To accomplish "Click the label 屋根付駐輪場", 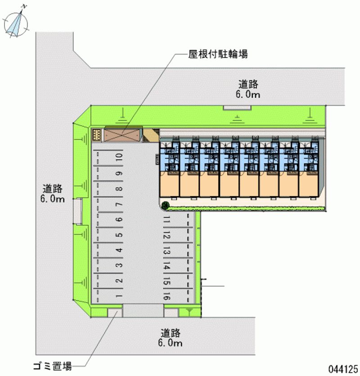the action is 218,54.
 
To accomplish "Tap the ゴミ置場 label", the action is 53,366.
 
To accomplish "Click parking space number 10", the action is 119,157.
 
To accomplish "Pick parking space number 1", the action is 119,296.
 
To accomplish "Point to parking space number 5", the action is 119,235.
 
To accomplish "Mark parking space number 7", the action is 119,204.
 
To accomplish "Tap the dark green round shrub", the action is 166,205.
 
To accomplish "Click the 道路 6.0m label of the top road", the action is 248,89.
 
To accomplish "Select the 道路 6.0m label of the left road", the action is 53,194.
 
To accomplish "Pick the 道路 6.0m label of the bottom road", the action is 171,338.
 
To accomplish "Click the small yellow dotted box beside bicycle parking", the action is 97,135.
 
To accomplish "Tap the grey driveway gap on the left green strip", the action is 78,211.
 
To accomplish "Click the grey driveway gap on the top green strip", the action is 237,108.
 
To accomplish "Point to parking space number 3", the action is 119,265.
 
